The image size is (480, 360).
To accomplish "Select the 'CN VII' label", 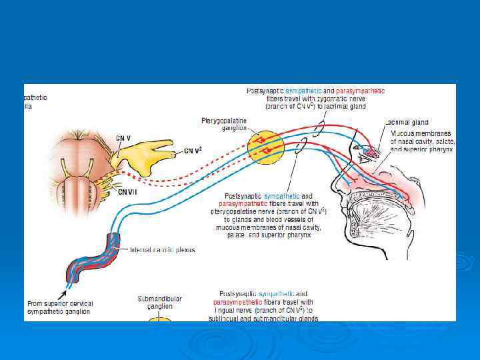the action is [x=127, y=192].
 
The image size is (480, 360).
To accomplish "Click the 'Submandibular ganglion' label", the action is [x=159, y=303].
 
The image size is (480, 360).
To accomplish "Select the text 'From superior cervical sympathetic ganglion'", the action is [x=60, y=307].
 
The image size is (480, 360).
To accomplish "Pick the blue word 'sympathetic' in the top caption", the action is [x=303, y=91].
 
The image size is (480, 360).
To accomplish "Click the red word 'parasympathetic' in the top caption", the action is [x=361, y=91].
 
